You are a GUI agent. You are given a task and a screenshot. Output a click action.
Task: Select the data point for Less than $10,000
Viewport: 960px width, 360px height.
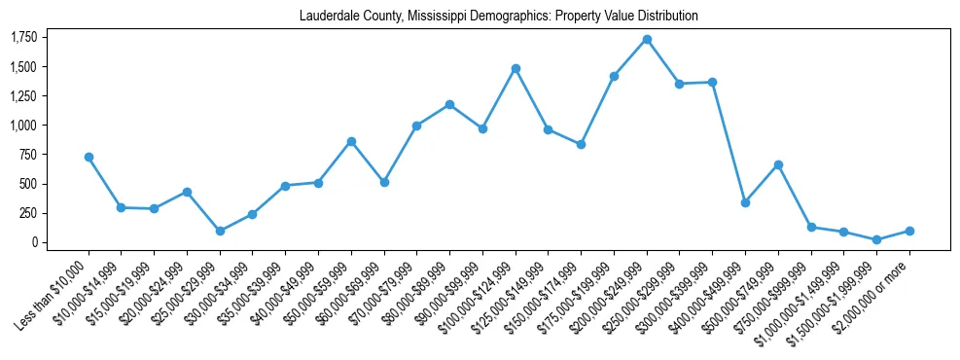(x=89, y=157)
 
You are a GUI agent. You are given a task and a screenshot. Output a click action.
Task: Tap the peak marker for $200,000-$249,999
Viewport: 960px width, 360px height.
(x=647, y=39)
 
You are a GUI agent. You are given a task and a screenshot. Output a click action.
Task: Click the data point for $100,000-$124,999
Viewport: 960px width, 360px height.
(x=516, y=68)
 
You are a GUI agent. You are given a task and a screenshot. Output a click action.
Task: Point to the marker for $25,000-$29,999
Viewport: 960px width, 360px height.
(x=220, y=231)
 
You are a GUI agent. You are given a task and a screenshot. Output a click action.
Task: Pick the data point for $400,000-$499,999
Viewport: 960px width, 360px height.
(x=745, y=202)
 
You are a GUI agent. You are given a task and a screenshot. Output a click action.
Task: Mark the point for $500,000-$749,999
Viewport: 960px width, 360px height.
(x=778, y=164)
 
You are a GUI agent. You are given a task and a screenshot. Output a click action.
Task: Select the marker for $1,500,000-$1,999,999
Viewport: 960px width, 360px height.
(x=876, y=239)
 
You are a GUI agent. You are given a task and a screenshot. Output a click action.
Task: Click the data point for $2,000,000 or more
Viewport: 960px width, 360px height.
(x=909, y=231)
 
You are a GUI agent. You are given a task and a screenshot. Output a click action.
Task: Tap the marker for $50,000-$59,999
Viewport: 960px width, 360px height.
(x=351, y=141)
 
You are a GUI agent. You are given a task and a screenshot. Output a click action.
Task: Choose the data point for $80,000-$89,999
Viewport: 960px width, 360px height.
(x=449, y=104)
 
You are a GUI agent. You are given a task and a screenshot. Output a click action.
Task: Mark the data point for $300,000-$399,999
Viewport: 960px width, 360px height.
(x=712, y=83)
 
